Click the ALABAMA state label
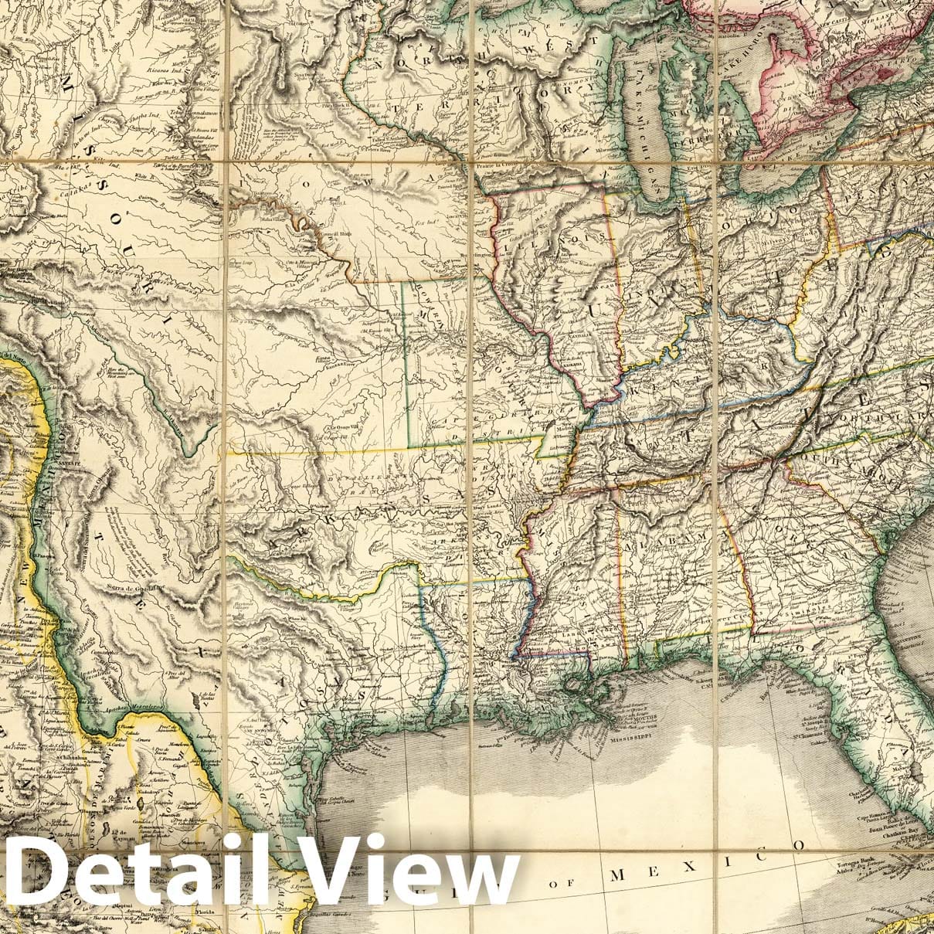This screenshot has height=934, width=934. (664, 541)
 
